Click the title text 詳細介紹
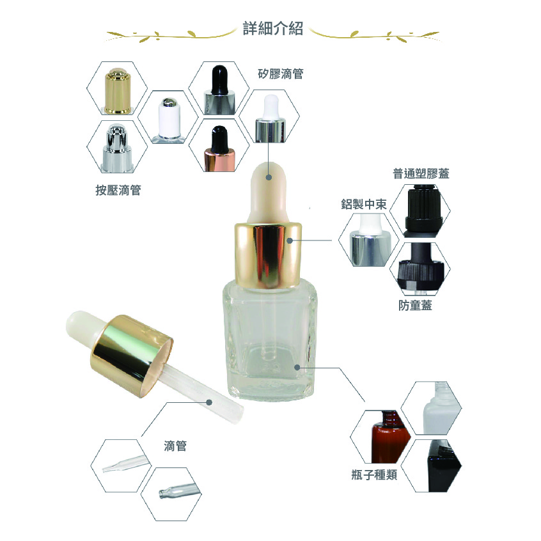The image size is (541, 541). point(273,28)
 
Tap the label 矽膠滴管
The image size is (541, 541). point(281,74)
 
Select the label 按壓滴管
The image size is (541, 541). point(118,190)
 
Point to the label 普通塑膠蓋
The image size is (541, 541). point(421,173)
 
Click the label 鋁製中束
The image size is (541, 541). point(364,204)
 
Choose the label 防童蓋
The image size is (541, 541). point(415,305)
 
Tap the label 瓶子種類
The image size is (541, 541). point(374,474)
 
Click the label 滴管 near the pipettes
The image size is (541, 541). point(175,446)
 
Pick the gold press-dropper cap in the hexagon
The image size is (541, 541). point(118,91)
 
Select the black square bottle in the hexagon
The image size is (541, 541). point(444,466)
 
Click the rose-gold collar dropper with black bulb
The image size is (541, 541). point(219,149)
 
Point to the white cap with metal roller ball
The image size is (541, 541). point(169,120)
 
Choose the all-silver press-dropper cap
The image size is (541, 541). point(118,148)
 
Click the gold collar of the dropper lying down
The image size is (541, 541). point(132,356)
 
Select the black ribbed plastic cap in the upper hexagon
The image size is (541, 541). point(423,210)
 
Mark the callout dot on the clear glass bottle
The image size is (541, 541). point(297,368)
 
